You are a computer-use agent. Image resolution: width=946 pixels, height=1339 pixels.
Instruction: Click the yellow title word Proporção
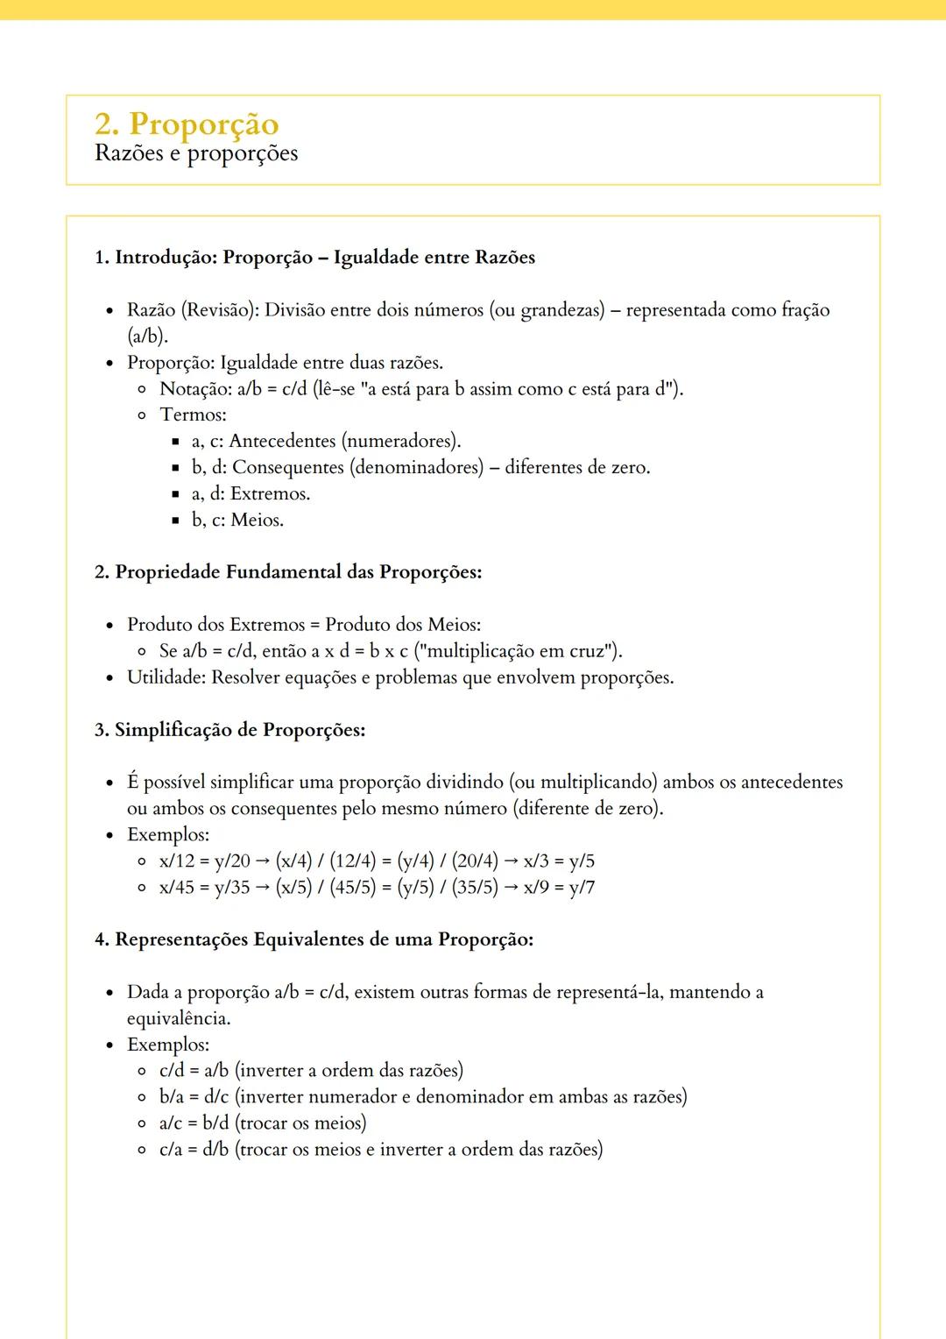(204, 124)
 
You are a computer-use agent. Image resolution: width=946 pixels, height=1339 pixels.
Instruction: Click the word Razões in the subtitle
(129, 153)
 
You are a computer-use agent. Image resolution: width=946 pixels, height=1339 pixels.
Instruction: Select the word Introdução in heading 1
(166, 257)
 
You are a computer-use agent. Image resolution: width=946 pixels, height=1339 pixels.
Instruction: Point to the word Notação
(194, 388)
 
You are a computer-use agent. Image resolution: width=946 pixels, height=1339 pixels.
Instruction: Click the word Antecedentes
(282, 441)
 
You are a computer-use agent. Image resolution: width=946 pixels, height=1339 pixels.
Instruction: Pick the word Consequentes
(288, 467)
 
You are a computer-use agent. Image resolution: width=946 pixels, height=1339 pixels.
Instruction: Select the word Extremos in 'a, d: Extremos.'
(270, 493)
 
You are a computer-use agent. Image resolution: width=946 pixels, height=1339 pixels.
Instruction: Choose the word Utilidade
(166, 677)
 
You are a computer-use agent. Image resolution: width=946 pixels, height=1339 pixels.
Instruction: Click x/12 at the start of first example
(177, 861)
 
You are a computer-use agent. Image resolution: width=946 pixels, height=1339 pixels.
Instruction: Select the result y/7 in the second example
(582, 888)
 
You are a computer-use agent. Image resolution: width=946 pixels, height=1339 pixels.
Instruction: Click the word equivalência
(178, 1018)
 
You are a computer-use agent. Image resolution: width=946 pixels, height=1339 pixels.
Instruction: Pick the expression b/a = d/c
(194, 1097)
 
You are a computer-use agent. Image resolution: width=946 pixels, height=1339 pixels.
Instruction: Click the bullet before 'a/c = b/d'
(142, 1123)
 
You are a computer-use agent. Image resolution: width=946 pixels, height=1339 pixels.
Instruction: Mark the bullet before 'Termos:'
(142, 415)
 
